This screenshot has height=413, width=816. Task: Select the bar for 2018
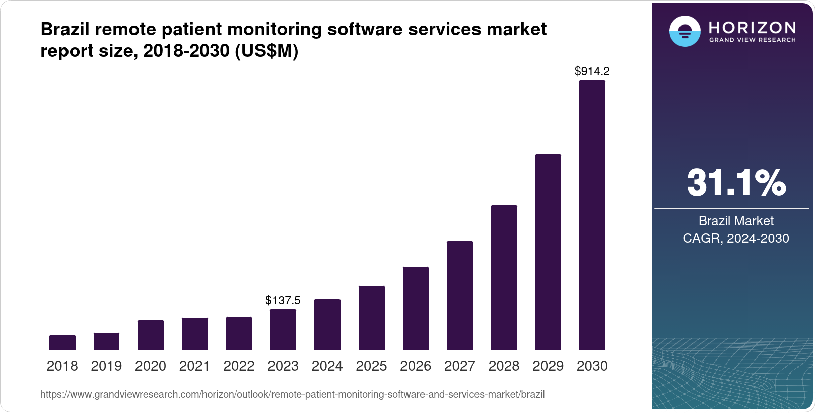pyautogui.click(x=62, y=342)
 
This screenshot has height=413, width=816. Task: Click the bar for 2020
pyautogui.click(x=151, y=335)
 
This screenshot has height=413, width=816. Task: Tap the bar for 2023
pyautogui.click(x=283, y=329)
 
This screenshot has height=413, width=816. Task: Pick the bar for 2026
pyautogui.click(x=416, y=308)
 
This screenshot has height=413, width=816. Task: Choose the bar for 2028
pyautogui.click(x=504, y=278)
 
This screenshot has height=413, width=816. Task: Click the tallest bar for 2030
pyautogui.click(x=592, y=215)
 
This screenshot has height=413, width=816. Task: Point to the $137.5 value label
pyautogui.click(x=283, y=301)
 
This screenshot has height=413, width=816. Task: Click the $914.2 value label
pyautogui.click(x=592, y=72)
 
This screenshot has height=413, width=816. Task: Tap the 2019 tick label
pyautogui.click(x=106, y=366)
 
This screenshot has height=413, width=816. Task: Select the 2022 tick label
pyautogui.click(x=239, y=366)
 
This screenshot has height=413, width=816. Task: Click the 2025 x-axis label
pyautogui.click(x=371, y=366)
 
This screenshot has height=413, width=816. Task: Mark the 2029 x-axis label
pyautogui.click(x=548, y=366)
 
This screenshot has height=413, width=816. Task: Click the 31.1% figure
pyautogui.click(x=736, y=183)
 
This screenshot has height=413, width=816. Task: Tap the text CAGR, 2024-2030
pyautogui.click(x=736, y=238)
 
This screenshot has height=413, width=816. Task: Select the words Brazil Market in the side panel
pyautogui.click(x=736, y=221)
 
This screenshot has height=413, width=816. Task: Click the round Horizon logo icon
pyautogui.click(x=685, y=32)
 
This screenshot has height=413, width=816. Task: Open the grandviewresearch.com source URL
pyautogui.click(x=292, y=395)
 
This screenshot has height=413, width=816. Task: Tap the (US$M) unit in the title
pyautogui.click(x=266, y=51)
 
